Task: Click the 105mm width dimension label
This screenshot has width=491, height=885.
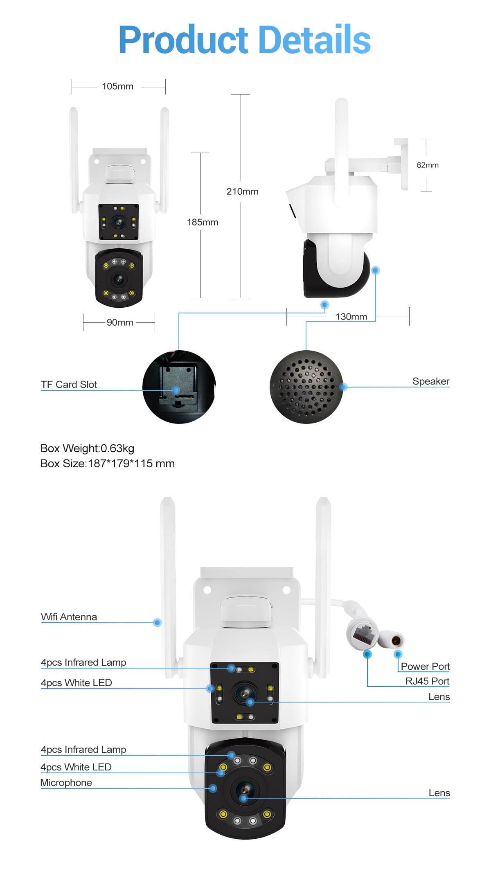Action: (x=117, y=86)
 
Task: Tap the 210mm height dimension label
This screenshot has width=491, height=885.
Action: (x=242, y=191)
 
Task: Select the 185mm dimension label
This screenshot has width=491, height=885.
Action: (x=203, y=222)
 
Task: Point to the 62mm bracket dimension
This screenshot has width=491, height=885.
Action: (x=428, y=165)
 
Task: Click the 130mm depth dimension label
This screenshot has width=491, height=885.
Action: (x=351, y=317)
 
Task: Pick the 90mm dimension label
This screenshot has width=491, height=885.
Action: (x=120, y=322)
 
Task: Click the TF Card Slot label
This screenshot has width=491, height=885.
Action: (x=69, y=385)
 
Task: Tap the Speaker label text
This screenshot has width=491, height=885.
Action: (x=431, y=381)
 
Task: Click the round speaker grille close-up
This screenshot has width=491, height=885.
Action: (x=306, y=387)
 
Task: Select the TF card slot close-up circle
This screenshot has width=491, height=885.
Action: (x=179, y=387)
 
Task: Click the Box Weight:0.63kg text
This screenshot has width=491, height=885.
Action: (x=87, y=448)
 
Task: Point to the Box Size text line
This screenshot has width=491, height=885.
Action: (x=108, y=464)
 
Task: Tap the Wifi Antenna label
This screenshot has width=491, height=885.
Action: (x=69, y=617)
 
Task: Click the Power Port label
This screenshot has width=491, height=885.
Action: (x=425, y=667)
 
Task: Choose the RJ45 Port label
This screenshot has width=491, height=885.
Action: (x=427, y=681)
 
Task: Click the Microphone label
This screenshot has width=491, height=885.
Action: (x=66, y=783)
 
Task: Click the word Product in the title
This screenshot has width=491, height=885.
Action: (x=183, y=40)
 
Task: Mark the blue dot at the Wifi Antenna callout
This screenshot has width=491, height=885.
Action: (x=158, y=623)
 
